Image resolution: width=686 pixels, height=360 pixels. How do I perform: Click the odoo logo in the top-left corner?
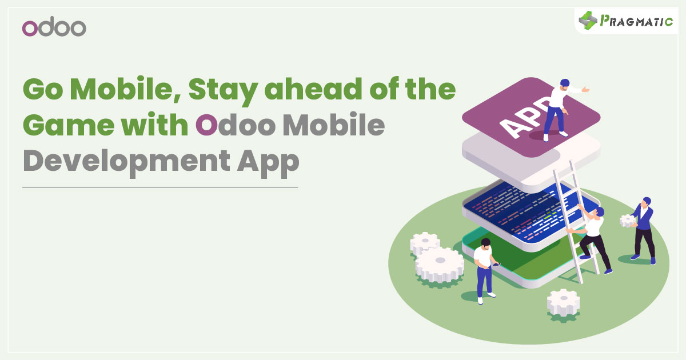[x=54, y=27]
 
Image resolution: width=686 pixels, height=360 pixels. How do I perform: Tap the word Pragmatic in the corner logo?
[x=636, y=21]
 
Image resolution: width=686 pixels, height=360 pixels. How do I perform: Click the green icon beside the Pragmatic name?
[x=587, y=21]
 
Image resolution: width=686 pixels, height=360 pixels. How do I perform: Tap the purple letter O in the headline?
[x=206, y=127]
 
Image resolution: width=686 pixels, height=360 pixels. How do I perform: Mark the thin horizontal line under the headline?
[x=160, y=187]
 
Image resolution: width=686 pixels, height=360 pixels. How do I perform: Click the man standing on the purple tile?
[x=556, y=109]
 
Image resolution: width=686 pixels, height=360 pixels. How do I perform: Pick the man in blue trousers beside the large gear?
[x=485, y=269]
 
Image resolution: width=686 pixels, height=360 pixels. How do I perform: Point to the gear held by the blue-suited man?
[x=628, y=221]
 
